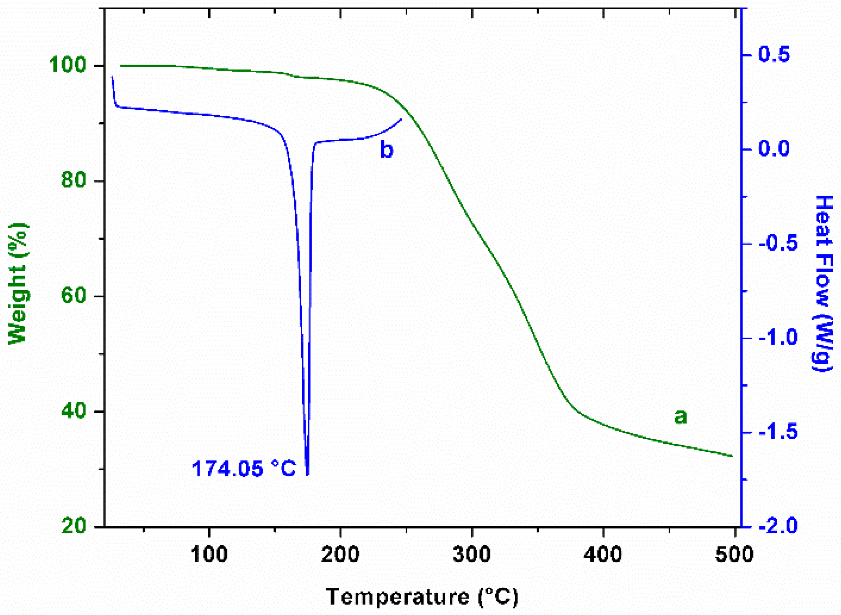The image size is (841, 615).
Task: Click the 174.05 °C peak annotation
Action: point(244,469)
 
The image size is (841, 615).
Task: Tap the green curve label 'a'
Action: point(680,416)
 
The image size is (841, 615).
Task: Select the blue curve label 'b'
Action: point(386,149)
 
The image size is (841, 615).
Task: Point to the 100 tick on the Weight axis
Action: point(67,66)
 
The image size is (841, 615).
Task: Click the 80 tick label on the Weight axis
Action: point(73,180)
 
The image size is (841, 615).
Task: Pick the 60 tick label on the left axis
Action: point(73,296)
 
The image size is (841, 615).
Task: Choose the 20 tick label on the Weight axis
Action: point(73,525)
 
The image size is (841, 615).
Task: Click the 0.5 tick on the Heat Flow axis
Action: point(774,54)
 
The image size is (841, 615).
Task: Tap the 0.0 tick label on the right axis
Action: point(774,149)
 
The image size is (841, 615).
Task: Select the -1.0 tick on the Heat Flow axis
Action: point(778,337)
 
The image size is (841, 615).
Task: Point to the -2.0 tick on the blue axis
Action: point(778,525)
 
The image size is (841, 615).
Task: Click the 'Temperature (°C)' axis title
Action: point(422,596)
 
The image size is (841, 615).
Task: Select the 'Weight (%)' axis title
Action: point(18,284)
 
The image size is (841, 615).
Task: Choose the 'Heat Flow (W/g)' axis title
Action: point(823,284)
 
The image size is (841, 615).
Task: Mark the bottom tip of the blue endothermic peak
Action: point(307,474)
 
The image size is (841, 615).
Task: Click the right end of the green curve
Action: point(732,456)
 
